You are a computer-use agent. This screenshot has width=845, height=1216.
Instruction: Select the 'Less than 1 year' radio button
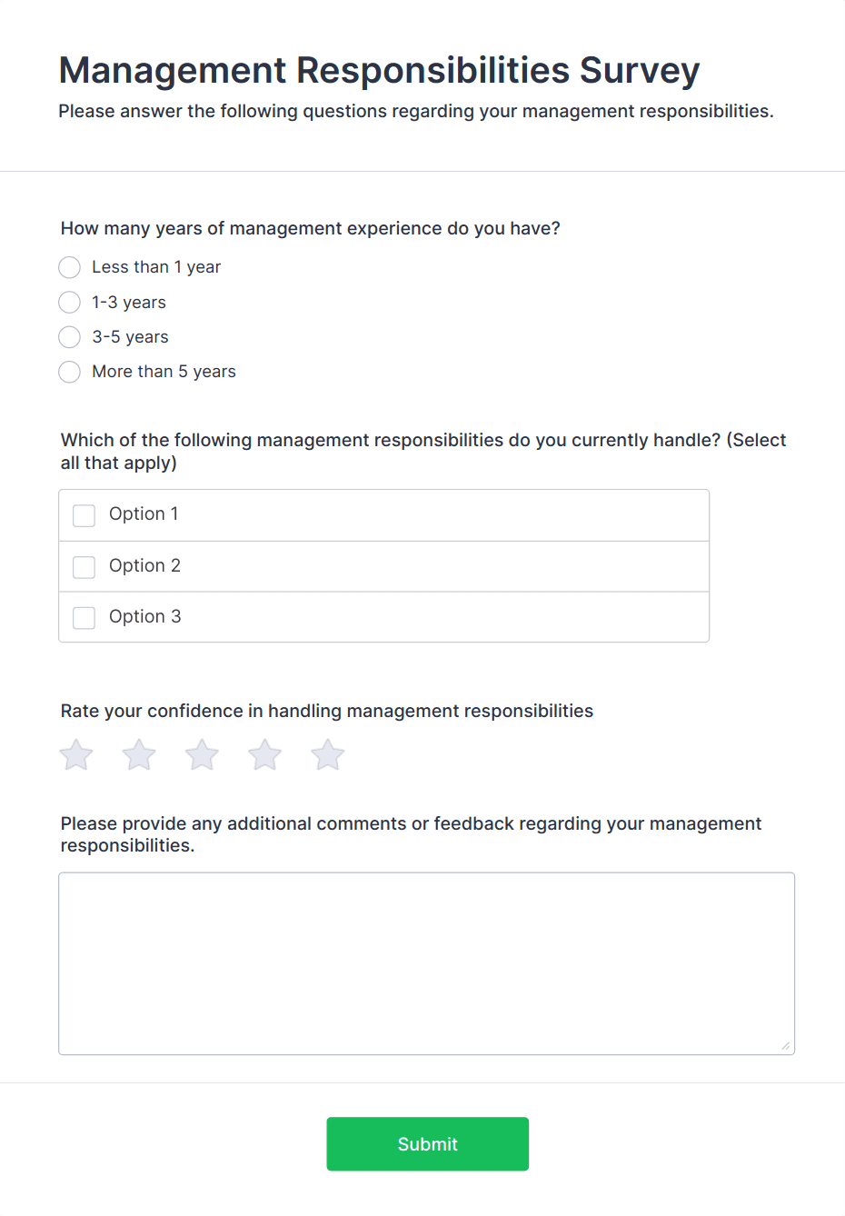click(69, 267)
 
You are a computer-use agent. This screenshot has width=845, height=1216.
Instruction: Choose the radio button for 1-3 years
click(69, 302)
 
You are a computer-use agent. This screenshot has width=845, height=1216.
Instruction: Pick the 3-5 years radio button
click(69, 337)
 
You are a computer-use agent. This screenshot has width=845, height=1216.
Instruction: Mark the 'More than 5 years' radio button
click(69, 372)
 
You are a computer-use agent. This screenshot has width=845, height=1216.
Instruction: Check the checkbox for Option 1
click(84, 515)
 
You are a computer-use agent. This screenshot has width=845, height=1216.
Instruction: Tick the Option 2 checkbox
click(84, 567)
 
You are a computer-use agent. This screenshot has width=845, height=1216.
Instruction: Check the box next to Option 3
click(84, 618)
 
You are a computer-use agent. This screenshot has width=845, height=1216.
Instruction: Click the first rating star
click(76, 755)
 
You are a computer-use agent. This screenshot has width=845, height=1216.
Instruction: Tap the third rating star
click(202, 755)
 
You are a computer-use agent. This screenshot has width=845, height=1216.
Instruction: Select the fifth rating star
click(327, 755)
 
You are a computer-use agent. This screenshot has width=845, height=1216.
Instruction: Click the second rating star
click(139, 755)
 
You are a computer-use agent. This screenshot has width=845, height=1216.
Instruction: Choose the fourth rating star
click(264, 755)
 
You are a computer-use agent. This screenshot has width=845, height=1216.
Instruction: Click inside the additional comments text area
click(426, 963)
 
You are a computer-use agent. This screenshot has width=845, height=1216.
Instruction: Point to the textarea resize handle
click(786, 1046)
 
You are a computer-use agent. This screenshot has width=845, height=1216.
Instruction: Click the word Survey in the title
click(640, 71)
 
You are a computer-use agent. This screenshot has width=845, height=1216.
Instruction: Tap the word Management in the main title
click(173, 71)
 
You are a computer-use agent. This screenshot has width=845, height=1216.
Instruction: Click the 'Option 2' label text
click(144, 565)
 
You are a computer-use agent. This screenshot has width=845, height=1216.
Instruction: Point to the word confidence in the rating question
click(195, 711)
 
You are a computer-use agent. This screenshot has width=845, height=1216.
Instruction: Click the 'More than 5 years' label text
click(164, 372)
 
